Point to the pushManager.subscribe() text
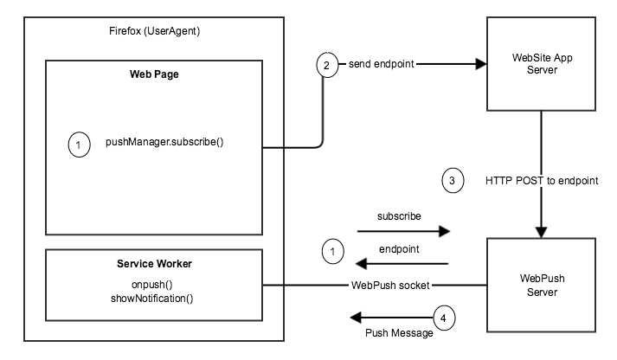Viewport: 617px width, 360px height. pyautogui.click(x=164, y=141)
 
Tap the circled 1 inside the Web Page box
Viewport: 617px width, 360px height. pyautogui.click(x=79, y=146)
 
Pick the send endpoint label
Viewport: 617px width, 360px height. pyautogui.click(x=382, y=66)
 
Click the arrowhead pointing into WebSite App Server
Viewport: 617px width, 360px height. pyautogui.click(x=477, y=66)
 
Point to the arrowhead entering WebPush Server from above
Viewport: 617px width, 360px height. pyautogui.click(x=541, y=232)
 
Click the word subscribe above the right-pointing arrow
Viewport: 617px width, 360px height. pyautogui.click(x=399, y=215)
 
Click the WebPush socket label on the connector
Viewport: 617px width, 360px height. pyautogui.click(x=391, y=284)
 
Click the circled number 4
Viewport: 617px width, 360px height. pyautogui.click(x=443, y=319)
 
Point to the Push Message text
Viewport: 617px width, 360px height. pyautogui.click(x=399, y=332)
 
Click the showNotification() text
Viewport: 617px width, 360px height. pyautogui.click(x=152, y=299)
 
